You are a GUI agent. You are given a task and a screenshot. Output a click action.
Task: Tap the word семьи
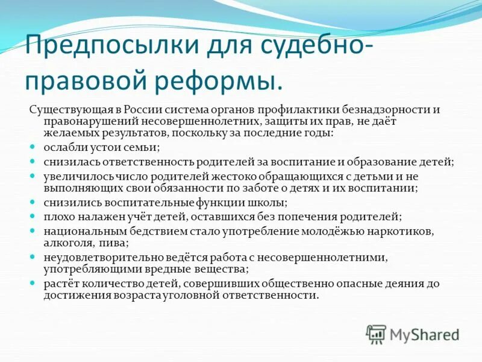coord(143,147)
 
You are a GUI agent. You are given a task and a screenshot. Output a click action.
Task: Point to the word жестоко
coord(232,177)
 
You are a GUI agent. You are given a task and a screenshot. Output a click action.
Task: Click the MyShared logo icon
coord(376,334)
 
